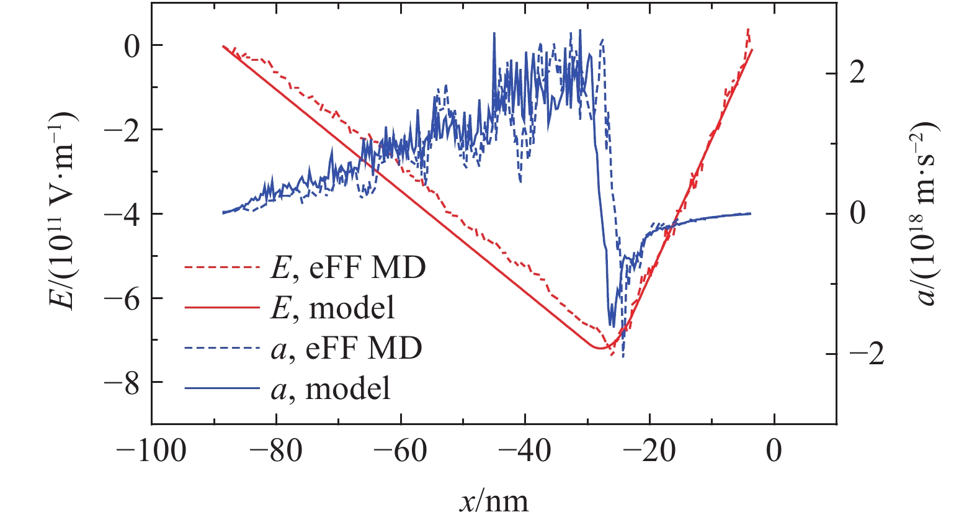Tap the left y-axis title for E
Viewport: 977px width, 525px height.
[x=63, y=211]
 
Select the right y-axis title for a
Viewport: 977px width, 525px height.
[x=925, y=212]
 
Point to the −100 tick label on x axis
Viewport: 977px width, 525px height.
[x=151, y=451]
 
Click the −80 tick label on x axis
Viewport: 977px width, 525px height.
[x=275, y=451]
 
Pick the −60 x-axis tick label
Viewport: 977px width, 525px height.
[x=400, y=451]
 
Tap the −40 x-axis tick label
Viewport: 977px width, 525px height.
[x=524, y=451]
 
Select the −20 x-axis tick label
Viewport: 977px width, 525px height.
[x=649, y=451]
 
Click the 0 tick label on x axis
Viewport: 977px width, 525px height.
[x=774, y=451]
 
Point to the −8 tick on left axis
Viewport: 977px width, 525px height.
[x=122, y=383]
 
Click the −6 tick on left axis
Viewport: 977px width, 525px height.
[x=122, y=298]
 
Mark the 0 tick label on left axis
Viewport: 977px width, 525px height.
[x=132, y=46]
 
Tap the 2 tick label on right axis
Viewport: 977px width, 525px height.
[x=857, y=74]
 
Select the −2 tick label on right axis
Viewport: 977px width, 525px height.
[x=866, y=354]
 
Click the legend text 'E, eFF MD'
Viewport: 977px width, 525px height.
[x=348, y=267]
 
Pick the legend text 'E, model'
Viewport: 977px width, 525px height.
[x=332, y=308]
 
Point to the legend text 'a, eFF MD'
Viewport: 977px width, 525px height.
[x=346, y=348]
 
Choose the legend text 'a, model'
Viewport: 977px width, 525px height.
[x=331, y=389]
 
